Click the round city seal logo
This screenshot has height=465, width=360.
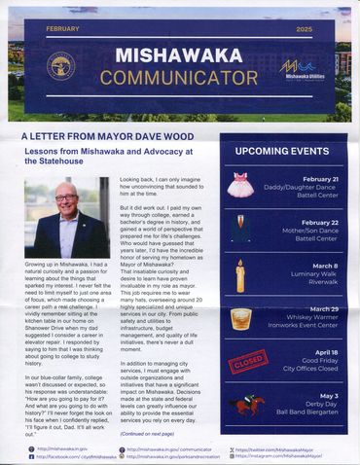pos(61,66)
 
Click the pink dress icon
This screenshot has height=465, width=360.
pos(239,185)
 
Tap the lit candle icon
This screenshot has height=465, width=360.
pos(239,275)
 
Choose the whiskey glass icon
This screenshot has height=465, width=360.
pos(239,318)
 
